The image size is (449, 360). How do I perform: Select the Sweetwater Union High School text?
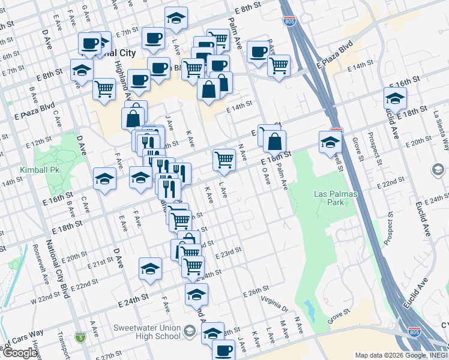tap(147, 332)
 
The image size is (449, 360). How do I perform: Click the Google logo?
tap(20, 353)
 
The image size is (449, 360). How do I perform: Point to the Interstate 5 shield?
tap(80, 337)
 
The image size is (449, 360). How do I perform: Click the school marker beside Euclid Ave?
tap(395, 98)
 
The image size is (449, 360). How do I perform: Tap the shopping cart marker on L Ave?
tap(224, 159)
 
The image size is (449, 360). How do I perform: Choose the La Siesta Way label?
tap(442, 129)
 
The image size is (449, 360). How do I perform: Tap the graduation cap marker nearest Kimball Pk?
tap(104, 179)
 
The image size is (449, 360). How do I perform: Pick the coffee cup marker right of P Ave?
tap(258, 52)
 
